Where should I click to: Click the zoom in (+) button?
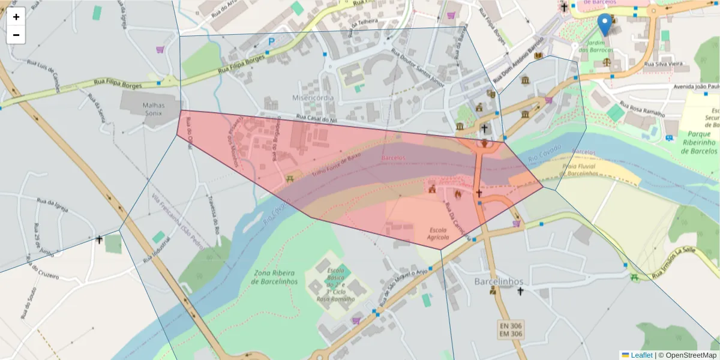pos(16,17)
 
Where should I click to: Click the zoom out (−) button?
pos(16,35)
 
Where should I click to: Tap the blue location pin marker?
pos(605,25)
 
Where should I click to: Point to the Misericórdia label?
pos(313,98)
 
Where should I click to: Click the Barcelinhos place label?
pos(499,281)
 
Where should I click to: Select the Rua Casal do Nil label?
pos(317,120)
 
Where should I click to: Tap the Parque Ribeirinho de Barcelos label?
pos(700,142)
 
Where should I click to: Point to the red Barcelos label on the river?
pos(393,158)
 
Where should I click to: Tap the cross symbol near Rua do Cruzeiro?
pos(100,240)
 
